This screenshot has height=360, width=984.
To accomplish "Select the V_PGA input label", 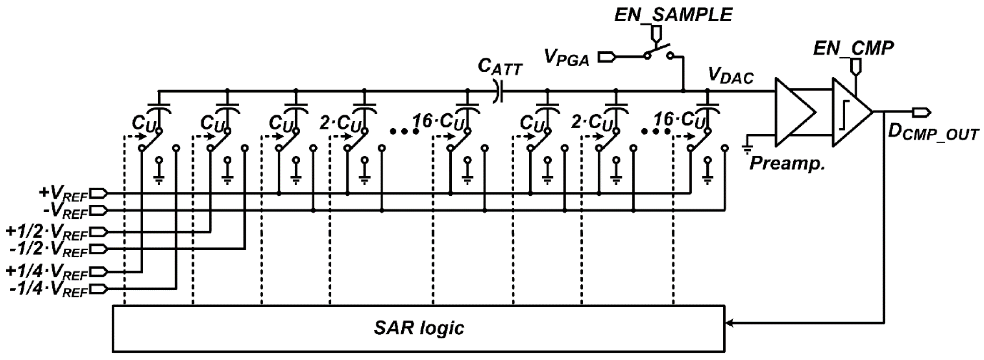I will [x=566, y=59].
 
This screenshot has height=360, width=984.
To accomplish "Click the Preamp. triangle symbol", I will [x=793, y=112].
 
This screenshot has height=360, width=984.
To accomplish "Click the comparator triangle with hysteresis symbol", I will [x=850, y=112].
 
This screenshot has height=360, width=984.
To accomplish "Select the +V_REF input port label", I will [x=63, y=194].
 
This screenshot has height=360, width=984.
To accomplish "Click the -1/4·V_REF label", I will [x=49, y=290].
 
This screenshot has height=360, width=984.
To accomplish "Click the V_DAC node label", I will [x=730, y=76].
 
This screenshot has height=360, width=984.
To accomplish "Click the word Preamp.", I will [x=787, y=164].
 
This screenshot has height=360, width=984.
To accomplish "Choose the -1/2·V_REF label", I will [x=49, y=249].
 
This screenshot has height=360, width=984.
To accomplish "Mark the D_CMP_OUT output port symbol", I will [x=921, y=112].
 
